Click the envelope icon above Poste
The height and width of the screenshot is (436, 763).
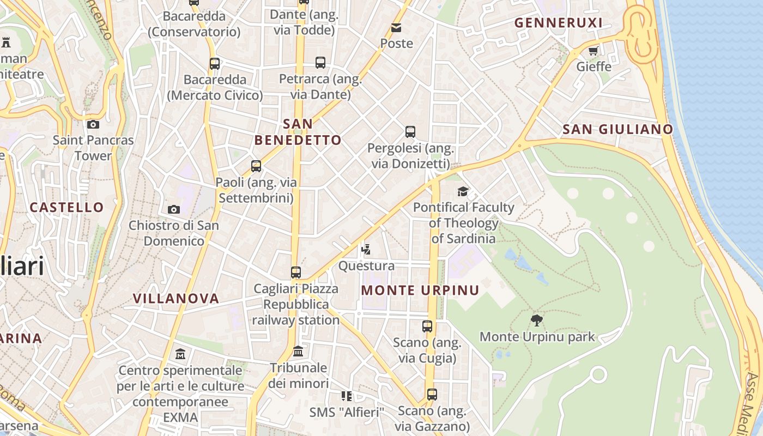(x=396, y=27)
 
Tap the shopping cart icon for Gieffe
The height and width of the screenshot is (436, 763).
(x=594, y=51)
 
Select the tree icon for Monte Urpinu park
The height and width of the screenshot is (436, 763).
(x=537, y=320)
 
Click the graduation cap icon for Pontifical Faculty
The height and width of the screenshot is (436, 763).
(x=463, y=191)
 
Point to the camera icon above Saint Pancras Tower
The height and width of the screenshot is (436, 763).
(x=93, y=124)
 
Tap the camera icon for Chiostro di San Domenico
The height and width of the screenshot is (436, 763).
(x=174, y=209)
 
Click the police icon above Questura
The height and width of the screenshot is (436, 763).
(x=366, y=250)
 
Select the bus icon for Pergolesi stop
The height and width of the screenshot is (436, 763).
(x=410, y=132)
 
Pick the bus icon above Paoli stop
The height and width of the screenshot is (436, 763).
(x=256, y=166)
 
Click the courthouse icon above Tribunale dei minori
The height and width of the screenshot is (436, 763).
(x=298, y=352)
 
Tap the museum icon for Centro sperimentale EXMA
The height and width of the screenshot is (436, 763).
(x=180, y=355)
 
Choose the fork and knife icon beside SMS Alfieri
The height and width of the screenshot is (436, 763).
(x=347, y=396)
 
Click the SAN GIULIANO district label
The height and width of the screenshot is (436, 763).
(x=617, y=129)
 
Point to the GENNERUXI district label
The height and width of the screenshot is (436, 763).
(x=559, y=23)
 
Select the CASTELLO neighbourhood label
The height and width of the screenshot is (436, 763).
(x=66, y=207)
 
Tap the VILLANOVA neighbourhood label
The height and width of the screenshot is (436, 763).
(x=176, y=298)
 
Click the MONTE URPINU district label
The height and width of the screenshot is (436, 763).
(x=420, y=290)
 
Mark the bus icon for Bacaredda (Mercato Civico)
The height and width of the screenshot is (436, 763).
(x=215, y=64)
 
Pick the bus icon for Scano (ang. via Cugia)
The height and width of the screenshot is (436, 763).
(x=427, y=326)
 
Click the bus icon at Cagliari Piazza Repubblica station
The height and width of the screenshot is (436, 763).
(x=296, y=272)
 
